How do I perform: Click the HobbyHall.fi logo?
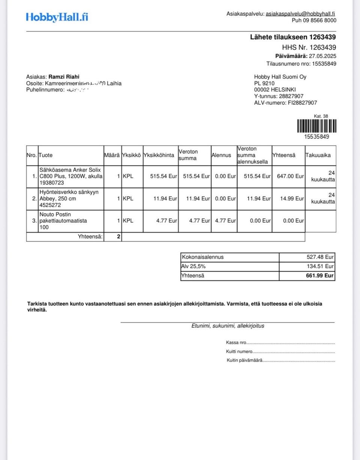[x=57, y=17]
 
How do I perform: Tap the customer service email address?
[x=300, y=14]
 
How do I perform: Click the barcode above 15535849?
[x=316, y=126]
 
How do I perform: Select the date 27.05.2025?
[x=322, y=56]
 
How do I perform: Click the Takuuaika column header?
[x=318, y=155]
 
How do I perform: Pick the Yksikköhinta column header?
[x=159, y=155]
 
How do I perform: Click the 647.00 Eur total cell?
[x=288, y=176]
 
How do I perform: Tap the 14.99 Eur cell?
[x=288, y=199]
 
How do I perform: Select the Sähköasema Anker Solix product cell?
[x=70, y=176]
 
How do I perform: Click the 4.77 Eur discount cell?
[x=224, y=221]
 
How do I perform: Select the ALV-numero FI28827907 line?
[x=285, y=103]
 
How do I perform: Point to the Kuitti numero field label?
[x=239, y=352]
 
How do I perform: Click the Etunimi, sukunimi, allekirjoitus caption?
[x=228, y=326]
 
